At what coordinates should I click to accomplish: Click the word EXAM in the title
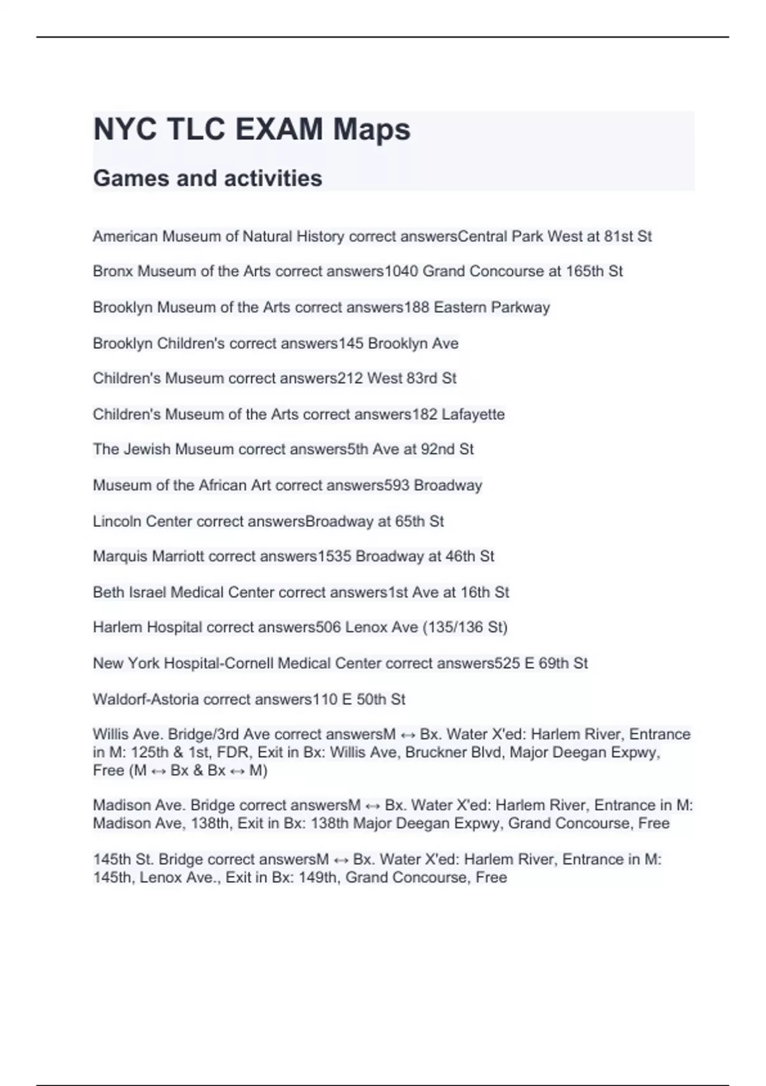click(x=278, y=129)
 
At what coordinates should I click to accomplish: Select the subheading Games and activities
click(x=207, y=178)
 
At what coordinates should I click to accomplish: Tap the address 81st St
click(x=627, y=236)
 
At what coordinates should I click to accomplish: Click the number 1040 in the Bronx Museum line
click(x=401, y=271)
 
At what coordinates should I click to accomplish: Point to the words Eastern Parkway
click(x=492, y=307)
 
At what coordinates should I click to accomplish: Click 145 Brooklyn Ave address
click(x=398, y=344)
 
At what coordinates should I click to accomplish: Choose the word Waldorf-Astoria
click(x=146, y=700)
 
